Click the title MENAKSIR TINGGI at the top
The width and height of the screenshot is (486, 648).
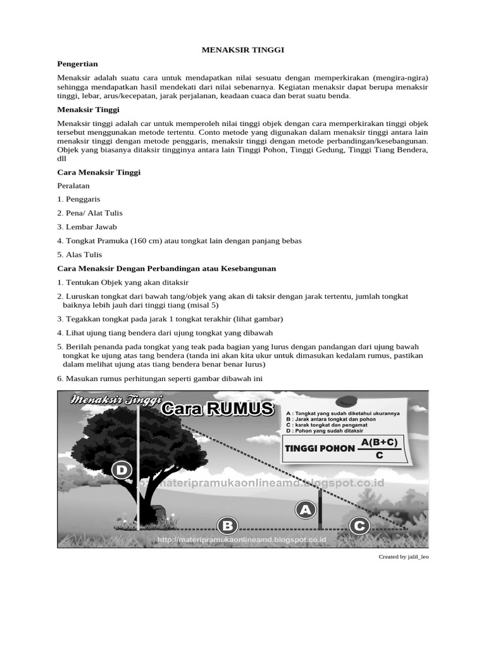[242, 49]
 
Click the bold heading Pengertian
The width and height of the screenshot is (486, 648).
[78, 64]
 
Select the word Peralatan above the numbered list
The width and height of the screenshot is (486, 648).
[73, 185]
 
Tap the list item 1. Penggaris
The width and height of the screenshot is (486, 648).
[78, 199]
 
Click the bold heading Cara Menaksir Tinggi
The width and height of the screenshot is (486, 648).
[99, 171]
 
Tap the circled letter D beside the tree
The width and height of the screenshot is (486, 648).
[122, 470]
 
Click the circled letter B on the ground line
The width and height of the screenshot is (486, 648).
[227, 525]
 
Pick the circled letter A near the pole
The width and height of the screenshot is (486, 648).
[306, 509]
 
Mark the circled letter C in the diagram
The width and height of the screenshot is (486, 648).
[359, 525]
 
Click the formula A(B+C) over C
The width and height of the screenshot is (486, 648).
[380, 448]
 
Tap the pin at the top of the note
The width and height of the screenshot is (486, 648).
[347, 401]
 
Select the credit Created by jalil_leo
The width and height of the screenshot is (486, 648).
[403, 557]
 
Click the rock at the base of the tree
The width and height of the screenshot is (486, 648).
[159, 513]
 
